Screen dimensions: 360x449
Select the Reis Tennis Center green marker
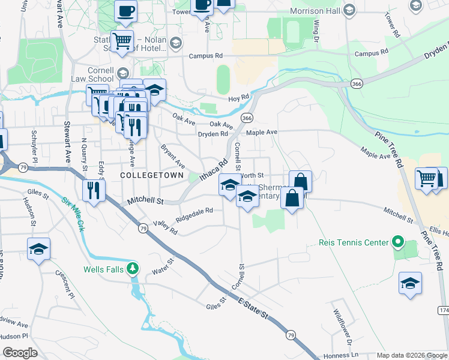coord(397,242)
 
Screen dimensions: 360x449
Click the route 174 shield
coord(443,310)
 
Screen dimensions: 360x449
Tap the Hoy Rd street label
coord(238,98)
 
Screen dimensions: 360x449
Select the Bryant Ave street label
coord(172,156)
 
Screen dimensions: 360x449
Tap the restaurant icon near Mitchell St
coord(94,190)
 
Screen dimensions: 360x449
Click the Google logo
coord(20,353)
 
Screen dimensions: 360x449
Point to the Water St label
coord(162,266)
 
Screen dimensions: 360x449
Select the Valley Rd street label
coord(166,227)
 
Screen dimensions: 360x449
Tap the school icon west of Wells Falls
coord(39,249)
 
